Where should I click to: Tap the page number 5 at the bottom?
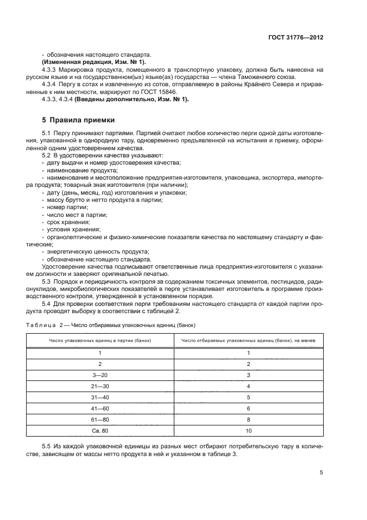click(x=321, y=472)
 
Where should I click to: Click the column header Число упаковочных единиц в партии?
click(x=100, y=340)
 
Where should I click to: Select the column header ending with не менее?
click(x=248, y=340)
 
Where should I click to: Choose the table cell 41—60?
click(x=100, y=409)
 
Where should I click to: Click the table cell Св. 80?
click(x=100, y=431)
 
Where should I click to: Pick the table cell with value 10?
click(x=249, y=431)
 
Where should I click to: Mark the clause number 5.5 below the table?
click(x=47, y=447)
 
